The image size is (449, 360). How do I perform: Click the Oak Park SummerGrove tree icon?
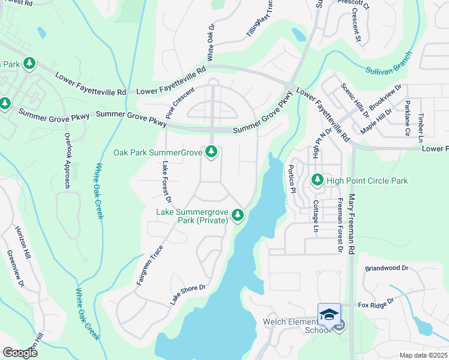(211, 152)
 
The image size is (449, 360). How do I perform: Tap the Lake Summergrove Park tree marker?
(238, 214)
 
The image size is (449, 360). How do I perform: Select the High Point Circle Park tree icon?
(317, 179)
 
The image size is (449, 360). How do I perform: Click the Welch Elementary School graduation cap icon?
(329, 314)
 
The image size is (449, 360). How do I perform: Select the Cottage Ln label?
(315, 215)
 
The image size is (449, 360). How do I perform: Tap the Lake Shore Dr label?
(188, 295)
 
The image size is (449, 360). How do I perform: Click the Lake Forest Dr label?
(167, 182)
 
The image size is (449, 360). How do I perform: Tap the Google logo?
(19, 353)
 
